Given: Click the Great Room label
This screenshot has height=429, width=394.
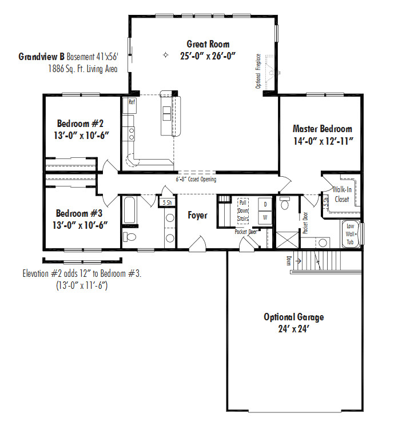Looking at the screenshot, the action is coord(208,44).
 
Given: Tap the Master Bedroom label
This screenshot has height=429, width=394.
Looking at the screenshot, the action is coord(323,129).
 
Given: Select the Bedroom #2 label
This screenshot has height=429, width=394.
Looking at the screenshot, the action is coord(80,124).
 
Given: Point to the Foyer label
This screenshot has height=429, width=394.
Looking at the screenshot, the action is coord(197,215).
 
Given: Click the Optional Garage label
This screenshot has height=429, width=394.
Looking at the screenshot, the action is coord(294,317).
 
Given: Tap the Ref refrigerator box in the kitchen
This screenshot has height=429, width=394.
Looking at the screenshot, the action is coord(130,105).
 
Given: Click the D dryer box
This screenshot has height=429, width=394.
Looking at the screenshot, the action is coord(265,204).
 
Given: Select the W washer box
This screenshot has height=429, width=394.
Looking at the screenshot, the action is coord(265,218).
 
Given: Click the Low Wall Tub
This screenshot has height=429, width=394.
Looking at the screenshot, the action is coord(350,234).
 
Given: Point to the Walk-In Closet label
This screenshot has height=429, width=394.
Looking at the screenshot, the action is coord(342,194).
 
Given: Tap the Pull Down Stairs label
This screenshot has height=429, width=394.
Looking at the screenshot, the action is coord(243,210).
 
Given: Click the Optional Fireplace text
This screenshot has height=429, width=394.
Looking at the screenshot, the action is coord(258,71).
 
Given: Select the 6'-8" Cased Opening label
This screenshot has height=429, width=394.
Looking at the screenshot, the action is coord(196,180).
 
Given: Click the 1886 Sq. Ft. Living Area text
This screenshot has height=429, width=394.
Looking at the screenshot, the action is coord(83,69).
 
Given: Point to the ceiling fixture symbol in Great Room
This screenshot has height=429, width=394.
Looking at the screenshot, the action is coord(165,55).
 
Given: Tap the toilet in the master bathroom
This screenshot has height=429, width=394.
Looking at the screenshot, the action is coord(285,202).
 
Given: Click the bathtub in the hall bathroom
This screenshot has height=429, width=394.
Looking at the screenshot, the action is coord(129,210).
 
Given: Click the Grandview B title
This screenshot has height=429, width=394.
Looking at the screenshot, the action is coord(41,57).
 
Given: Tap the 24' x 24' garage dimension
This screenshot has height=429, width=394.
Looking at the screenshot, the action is coord(293,328).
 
